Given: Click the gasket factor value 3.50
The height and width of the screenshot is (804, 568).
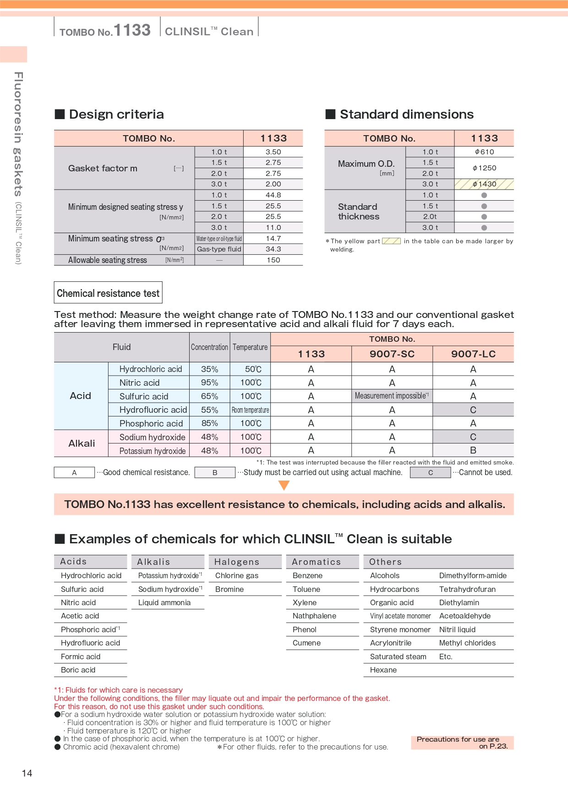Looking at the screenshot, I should pyautogui.click(x=273, y=152).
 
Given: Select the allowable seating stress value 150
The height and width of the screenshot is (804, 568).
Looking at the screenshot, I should pyautogui.click(x=273, y=260).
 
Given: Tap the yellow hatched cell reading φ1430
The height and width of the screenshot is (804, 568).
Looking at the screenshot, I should pyautogui.click(x=484, y=184).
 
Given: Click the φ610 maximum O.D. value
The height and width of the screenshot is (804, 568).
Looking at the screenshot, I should pyautogui.click(x=484, y=152).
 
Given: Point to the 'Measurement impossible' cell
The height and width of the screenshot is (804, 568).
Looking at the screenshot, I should pyautogui.click(x=392, y=396).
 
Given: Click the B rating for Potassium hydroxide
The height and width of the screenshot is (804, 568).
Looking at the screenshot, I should pyautogui.click(x=473, y=450).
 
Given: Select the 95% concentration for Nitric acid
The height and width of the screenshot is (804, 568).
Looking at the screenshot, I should pyautogui.click(x=209, y=383).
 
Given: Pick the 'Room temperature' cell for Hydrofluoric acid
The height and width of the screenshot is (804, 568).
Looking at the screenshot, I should pyautogui.click(x=250, y=410).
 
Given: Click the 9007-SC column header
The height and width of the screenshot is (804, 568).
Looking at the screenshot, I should pyautogui.click(x=392, y=354).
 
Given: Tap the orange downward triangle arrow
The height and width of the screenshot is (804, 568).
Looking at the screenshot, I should pyautogui.click(x=284, y=485).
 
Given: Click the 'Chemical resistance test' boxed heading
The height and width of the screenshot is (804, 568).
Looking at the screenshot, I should pyautogui.click(x=108, y=293).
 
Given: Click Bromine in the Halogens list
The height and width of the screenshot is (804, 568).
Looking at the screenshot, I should pyautogui.click(x=229, y=589).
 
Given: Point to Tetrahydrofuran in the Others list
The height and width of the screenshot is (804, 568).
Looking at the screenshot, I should pyautogui.click(x=467, y=589).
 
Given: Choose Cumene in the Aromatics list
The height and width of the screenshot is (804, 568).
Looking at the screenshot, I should pyautogui.click(x=306, y=643).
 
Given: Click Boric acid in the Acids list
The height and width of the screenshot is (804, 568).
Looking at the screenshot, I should pyautogui.click(x=78, y=670).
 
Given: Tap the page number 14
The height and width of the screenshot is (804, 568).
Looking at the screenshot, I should pyautogui.click(x=27, y=773).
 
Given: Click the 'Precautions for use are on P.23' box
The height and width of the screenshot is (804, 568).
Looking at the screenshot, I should pyautogui.click(x=462, y=743).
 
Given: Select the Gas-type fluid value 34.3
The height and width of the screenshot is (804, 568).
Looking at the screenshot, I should pyautogui.click(x=273, y=249).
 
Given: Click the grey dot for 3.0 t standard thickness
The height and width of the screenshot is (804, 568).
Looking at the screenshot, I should pyautogui.click(x=484, y=228).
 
